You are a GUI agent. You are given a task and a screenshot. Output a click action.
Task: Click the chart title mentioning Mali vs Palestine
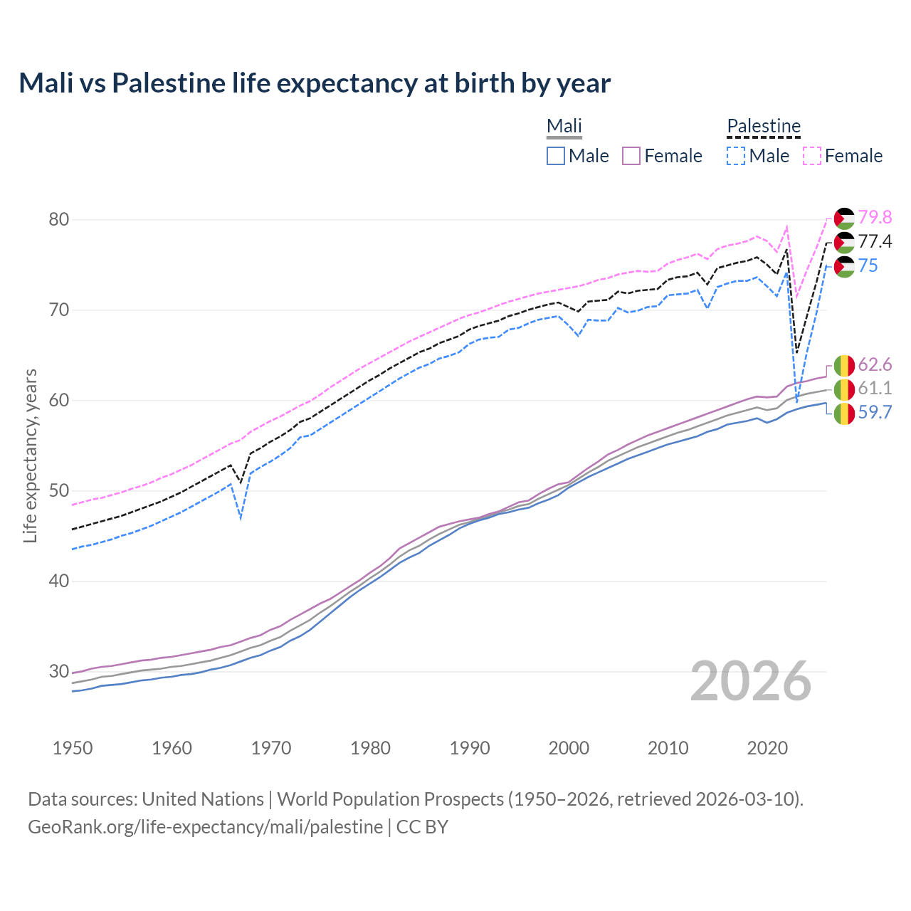[315, 83]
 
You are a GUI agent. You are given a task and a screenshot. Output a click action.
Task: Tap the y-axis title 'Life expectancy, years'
[30, 455]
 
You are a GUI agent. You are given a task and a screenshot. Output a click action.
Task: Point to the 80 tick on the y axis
[59, 219]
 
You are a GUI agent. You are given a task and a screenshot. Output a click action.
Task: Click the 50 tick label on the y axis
[59, 491]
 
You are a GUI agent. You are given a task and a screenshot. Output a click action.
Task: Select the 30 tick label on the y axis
[59, 671]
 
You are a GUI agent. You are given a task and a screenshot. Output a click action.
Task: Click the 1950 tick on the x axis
[73, 748]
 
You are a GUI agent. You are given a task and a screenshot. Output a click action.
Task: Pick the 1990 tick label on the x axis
[470, 748]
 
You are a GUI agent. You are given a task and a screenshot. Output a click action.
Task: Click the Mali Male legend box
[556, 156]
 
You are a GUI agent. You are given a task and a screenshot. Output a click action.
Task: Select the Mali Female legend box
[631, 156]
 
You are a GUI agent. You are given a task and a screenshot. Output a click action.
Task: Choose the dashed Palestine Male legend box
[736, 156]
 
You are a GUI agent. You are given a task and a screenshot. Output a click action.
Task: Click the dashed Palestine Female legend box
[812, 156]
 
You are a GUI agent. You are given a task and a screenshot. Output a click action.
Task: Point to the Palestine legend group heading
[764, 126]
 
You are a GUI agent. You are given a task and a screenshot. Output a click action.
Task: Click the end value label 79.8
[875, 217]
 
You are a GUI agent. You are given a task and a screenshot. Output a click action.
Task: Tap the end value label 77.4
[875, 242]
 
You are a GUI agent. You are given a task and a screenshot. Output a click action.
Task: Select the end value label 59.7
[875, 413]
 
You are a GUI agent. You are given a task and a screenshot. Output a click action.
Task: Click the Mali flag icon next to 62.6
[844, 365]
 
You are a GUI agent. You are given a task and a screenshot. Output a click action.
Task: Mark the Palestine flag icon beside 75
[844, 267]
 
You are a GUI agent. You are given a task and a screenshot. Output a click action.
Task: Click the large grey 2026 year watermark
[751, 681]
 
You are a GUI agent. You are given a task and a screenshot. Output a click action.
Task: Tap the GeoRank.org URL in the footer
[205, 827]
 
